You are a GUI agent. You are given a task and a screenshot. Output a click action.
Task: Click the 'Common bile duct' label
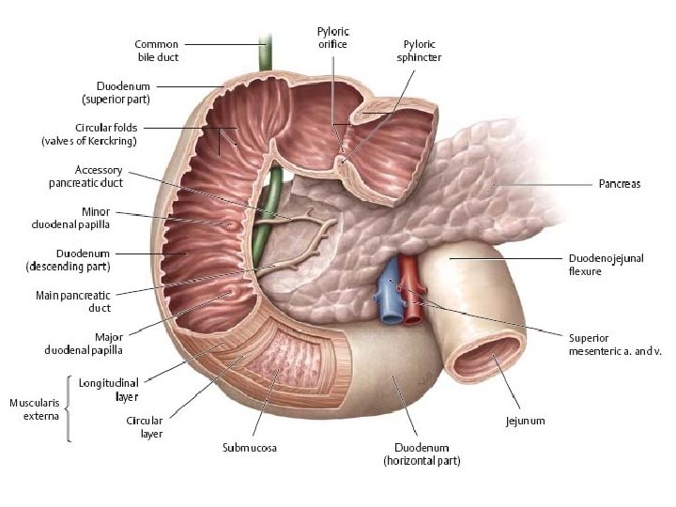pyautogui.click(x=156, y=50)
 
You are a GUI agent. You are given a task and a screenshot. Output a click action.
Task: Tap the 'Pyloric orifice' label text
pyautogui.click(x=332, y=38)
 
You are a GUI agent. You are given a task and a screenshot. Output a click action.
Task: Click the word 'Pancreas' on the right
pyautogui.click(x=620, y=184)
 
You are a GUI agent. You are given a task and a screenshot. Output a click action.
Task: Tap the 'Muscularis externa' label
pyautogui.click(x=35, y=408)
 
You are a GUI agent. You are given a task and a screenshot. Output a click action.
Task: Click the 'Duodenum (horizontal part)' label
pyautogui.click(x=421, y=454)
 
